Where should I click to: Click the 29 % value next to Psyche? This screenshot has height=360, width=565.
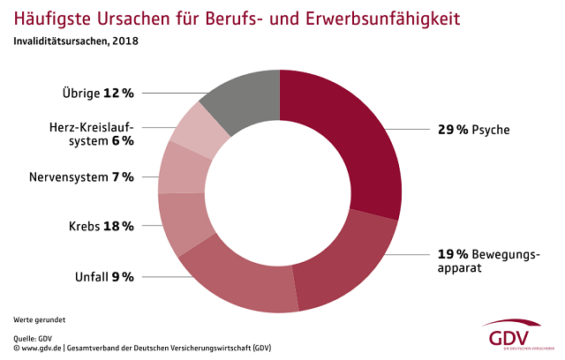452,130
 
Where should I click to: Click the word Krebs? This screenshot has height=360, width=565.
85,226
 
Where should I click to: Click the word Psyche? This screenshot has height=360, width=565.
491,130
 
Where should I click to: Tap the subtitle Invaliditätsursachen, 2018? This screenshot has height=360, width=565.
75,41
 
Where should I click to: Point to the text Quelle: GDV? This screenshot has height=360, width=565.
33,337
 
